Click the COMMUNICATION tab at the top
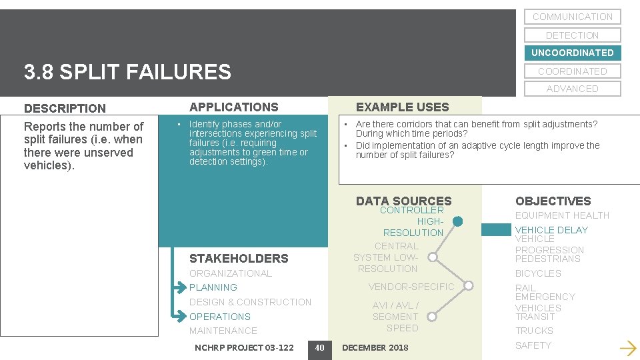572,17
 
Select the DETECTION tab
572,35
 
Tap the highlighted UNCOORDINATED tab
572,53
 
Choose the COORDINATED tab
572,71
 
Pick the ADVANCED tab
572,89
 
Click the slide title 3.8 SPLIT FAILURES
127,72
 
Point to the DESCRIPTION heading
65,108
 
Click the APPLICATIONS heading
233,107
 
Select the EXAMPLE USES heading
402,107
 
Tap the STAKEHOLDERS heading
239,259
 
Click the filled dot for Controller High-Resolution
458,221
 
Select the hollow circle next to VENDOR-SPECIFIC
469,287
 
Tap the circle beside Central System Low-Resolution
433,257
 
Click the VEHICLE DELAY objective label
551,230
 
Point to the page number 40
319,347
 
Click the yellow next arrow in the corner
627,347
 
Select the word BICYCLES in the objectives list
538,273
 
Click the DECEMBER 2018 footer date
375,347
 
